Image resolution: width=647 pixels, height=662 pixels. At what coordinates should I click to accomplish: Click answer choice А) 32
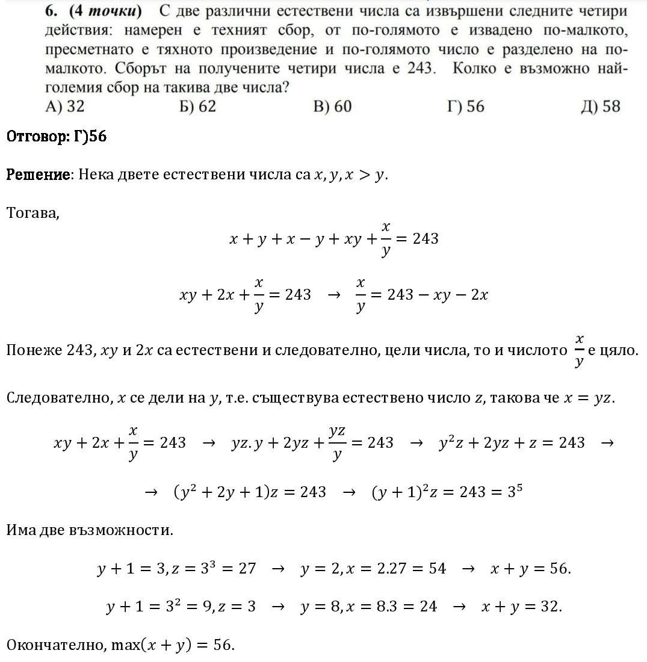point(64,107)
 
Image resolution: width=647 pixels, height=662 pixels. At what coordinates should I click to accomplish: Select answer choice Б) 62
point(197,107)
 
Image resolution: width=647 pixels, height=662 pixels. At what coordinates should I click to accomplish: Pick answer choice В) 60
point(332,107)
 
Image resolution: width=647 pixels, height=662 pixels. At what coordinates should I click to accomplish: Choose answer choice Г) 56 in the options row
point(466,107)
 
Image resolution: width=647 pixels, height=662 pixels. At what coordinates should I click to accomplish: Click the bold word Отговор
point(38,137)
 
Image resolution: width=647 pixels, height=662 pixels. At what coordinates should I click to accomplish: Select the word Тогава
point(33,212)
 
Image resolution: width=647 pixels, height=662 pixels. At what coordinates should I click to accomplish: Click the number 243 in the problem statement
point(419,68)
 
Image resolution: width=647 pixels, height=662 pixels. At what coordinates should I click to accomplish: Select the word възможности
point(129,530)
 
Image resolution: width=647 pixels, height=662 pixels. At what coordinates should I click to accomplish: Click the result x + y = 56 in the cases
point(530,569)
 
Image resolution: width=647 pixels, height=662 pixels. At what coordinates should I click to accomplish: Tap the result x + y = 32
point(521,607)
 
